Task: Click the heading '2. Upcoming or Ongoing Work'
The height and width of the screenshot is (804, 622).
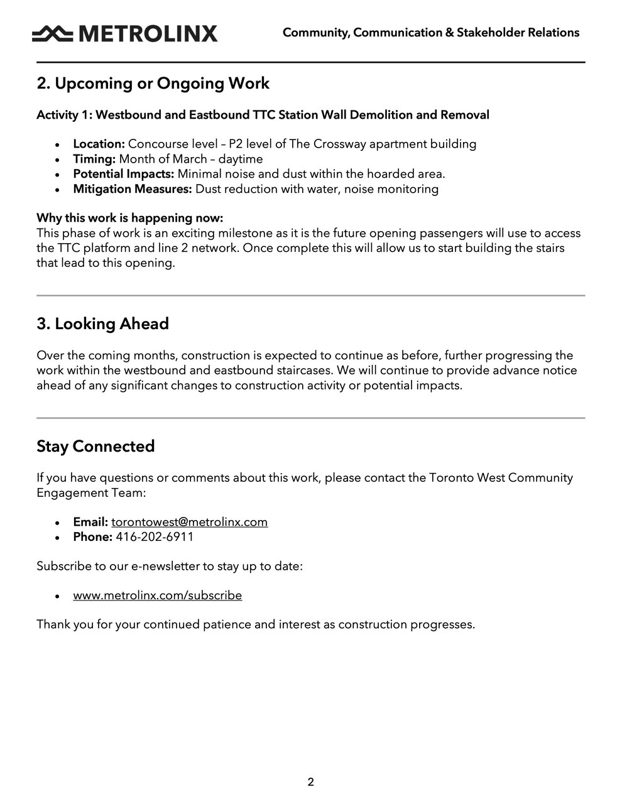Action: point(153,84)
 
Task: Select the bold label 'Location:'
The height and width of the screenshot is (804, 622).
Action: point(99,144)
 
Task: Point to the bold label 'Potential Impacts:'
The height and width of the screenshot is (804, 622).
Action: point(123,174)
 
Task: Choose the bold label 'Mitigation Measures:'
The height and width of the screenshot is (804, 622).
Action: point(132,189)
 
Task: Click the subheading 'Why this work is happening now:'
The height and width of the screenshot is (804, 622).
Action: point(129,218)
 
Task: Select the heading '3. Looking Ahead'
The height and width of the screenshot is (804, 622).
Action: point(102,324)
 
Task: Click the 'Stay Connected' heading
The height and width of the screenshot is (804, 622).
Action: point(95,447)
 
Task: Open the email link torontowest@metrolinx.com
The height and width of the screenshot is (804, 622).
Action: point(189,522)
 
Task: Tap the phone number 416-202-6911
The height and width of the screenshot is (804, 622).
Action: point(155,537)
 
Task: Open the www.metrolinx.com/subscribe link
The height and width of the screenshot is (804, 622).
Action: point(157,595)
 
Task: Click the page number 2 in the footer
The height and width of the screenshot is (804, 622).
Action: point(310,782)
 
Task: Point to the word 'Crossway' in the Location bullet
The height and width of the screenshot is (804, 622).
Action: point(340,144)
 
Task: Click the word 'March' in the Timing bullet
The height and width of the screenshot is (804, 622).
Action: point(190,159)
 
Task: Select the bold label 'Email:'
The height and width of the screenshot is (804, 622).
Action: point(90,522)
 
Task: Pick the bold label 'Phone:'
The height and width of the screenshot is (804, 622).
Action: point(92,537)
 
